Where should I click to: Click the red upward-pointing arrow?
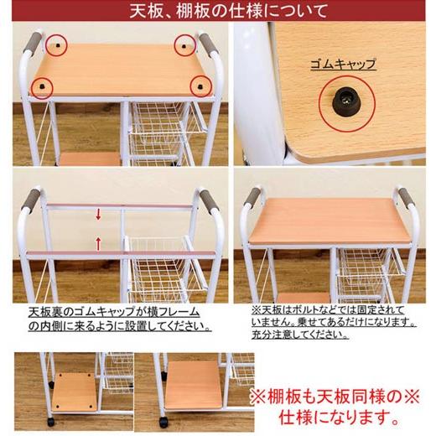(98, 244)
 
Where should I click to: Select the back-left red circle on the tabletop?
(55, 42)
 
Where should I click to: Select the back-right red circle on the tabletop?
(184, 44)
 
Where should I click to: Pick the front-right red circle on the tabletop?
(200, 83)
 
